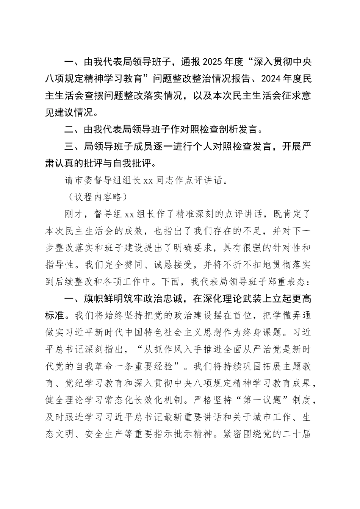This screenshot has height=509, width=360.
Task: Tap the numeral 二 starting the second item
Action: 69,130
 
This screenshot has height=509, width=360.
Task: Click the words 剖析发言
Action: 238,130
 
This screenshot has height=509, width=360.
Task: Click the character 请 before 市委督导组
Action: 69,181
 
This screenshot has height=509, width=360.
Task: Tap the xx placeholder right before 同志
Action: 148,181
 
